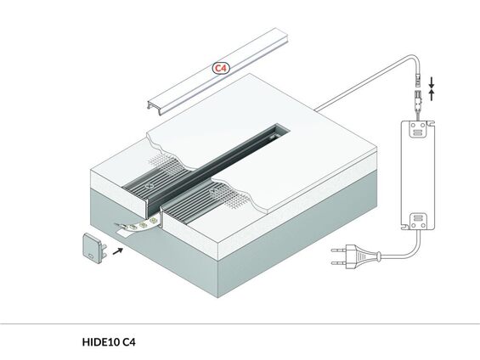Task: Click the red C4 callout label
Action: [x=221, y=67]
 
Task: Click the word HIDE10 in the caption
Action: [x=99, y=343]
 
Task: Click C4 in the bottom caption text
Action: [x=129, y=343]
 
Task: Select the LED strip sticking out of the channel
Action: [x=137, y=224]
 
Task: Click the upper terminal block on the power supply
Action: [x=417, y=131]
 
